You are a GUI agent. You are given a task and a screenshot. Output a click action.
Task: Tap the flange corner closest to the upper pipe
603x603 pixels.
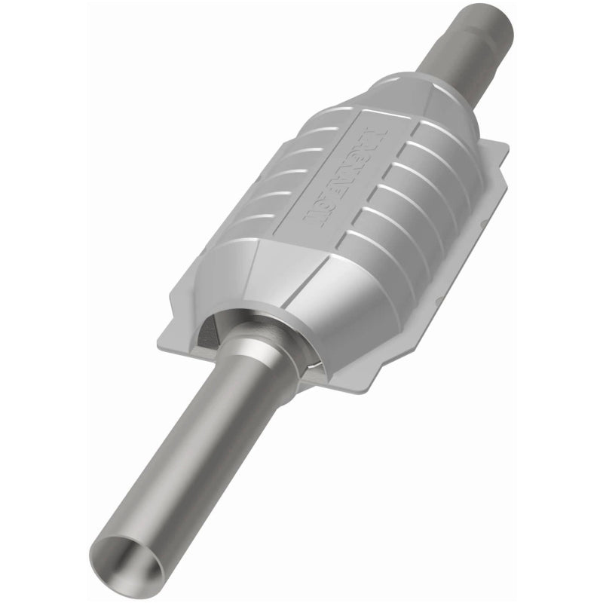(x=494, y=147)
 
